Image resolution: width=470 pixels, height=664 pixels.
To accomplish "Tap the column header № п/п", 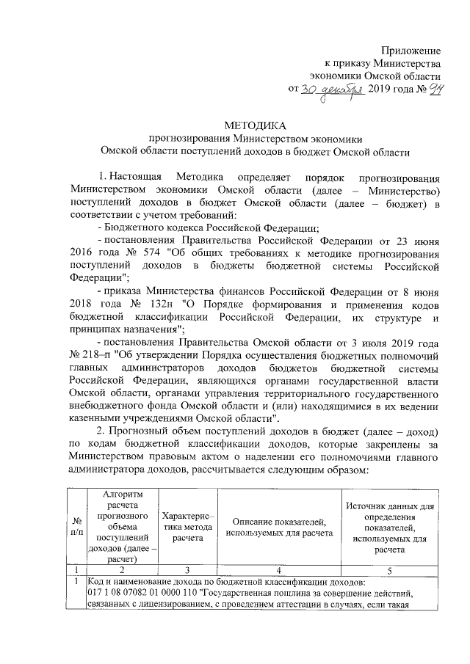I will [77, 526].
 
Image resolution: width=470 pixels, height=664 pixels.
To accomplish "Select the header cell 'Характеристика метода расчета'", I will [188, 526].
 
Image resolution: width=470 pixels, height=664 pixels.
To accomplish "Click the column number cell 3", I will [188, 569].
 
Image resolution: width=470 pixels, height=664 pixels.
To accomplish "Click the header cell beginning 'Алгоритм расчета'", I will [122, 526].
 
